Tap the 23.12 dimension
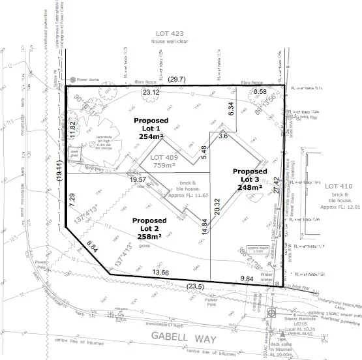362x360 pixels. (151, 93)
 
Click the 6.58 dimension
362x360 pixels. (261, 93)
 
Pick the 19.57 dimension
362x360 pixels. (138, 179)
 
